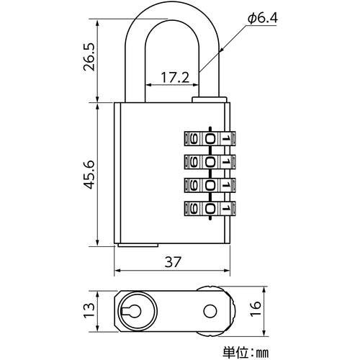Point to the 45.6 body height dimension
(x=86, y=174)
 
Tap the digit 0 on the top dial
(x=210, y=137)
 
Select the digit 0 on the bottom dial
(x=210, y=209)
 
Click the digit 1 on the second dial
(x=226, y=161)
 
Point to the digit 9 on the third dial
(x=193, y=185)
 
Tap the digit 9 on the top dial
(x=193, y=137)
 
